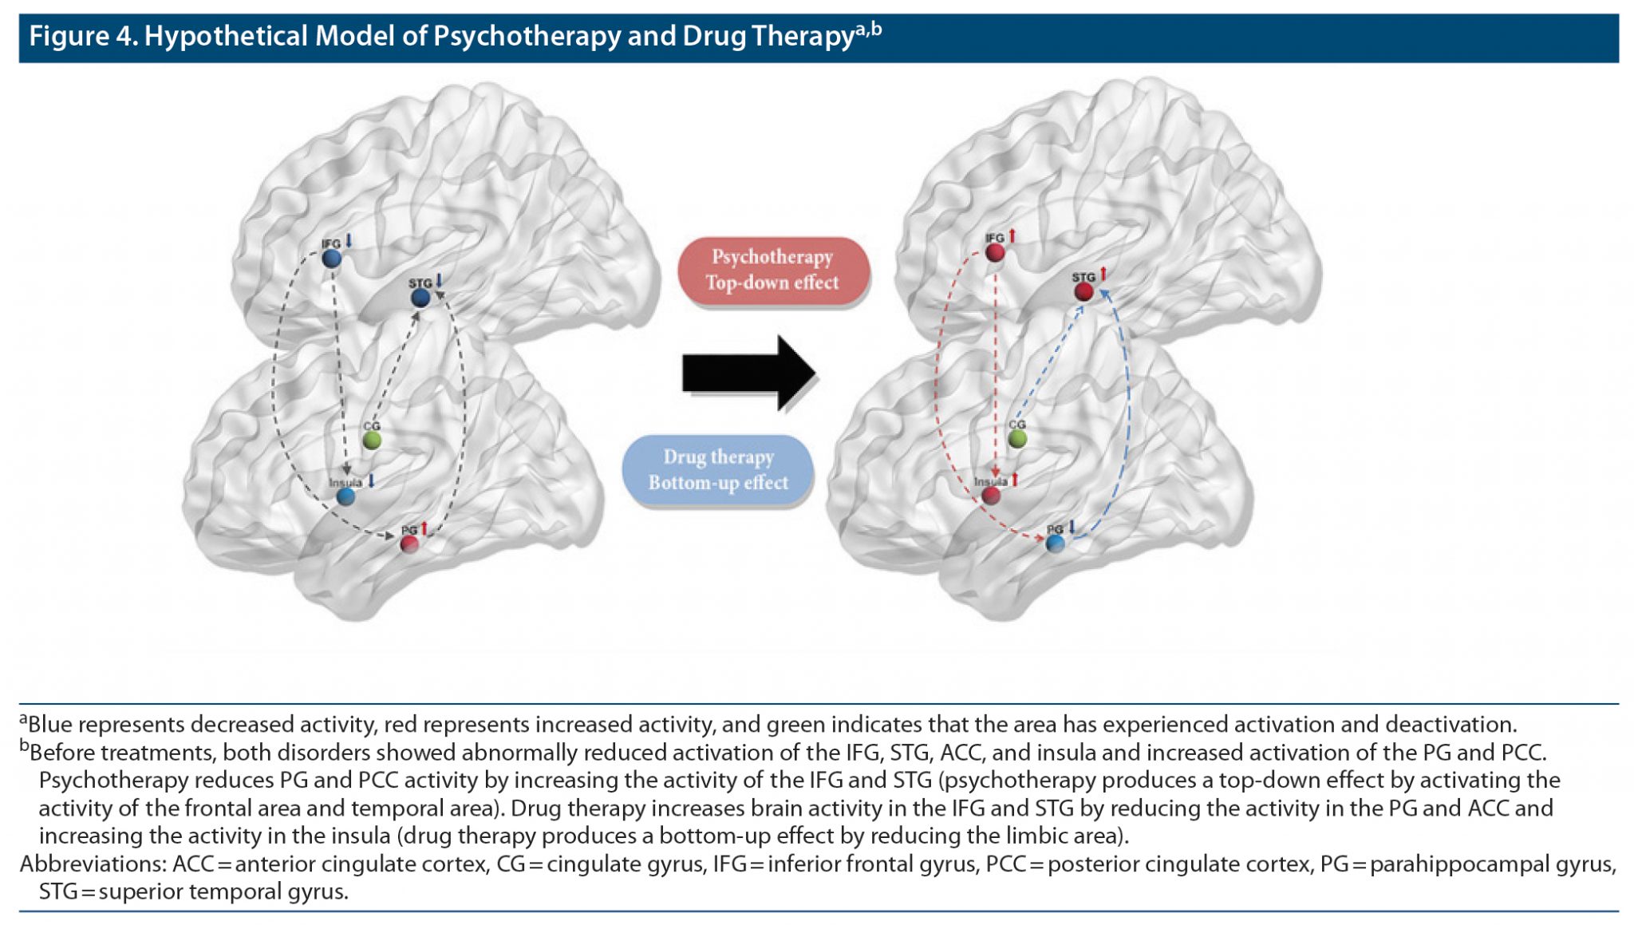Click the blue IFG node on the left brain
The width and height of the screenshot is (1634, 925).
pyautogui.click(x=332, y=258)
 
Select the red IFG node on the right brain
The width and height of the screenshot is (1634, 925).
pyautogui.click(x=995, y=253)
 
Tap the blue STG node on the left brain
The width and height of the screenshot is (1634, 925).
pyautogui.click(x=420, y=298)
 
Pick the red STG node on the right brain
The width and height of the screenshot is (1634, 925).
pyautogui.click(x=1083, y=292)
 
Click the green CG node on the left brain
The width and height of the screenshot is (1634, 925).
pyautogui.click(x=372, y=440)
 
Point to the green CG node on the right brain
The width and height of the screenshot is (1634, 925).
pyautogui.click(x=1017, y=438)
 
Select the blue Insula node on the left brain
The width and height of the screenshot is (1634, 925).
pyautogui.click(x=345, y=496)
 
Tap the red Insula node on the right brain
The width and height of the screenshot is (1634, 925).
pyautogui.click(x=991, y=496)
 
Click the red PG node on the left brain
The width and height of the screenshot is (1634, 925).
pyautogui.click(x=409, y=544)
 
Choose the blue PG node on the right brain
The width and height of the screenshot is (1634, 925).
pyautogui.click(x=1055, y=544)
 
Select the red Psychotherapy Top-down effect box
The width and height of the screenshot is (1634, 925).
pyautogui.click(x=772, y=270)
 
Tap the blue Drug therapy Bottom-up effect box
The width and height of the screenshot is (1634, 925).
pyautogui.click(x=718, y=470)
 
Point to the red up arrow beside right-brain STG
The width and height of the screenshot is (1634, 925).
pyautogui.click(x=1103, y=275)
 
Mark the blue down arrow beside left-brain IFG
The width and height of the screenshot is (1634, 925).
pyautogui.click(x=349, y=241)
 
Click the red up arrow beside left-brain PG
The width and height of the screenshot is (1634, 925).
pyautogui.click(x=424, y=528)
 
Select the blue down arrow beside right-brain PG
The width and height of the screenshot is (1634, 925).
pyautogui.click(x=1072, y=527)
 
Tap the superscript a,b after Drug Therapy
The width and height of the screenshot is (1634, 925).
pyautogui.click(x=869, y=30)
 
